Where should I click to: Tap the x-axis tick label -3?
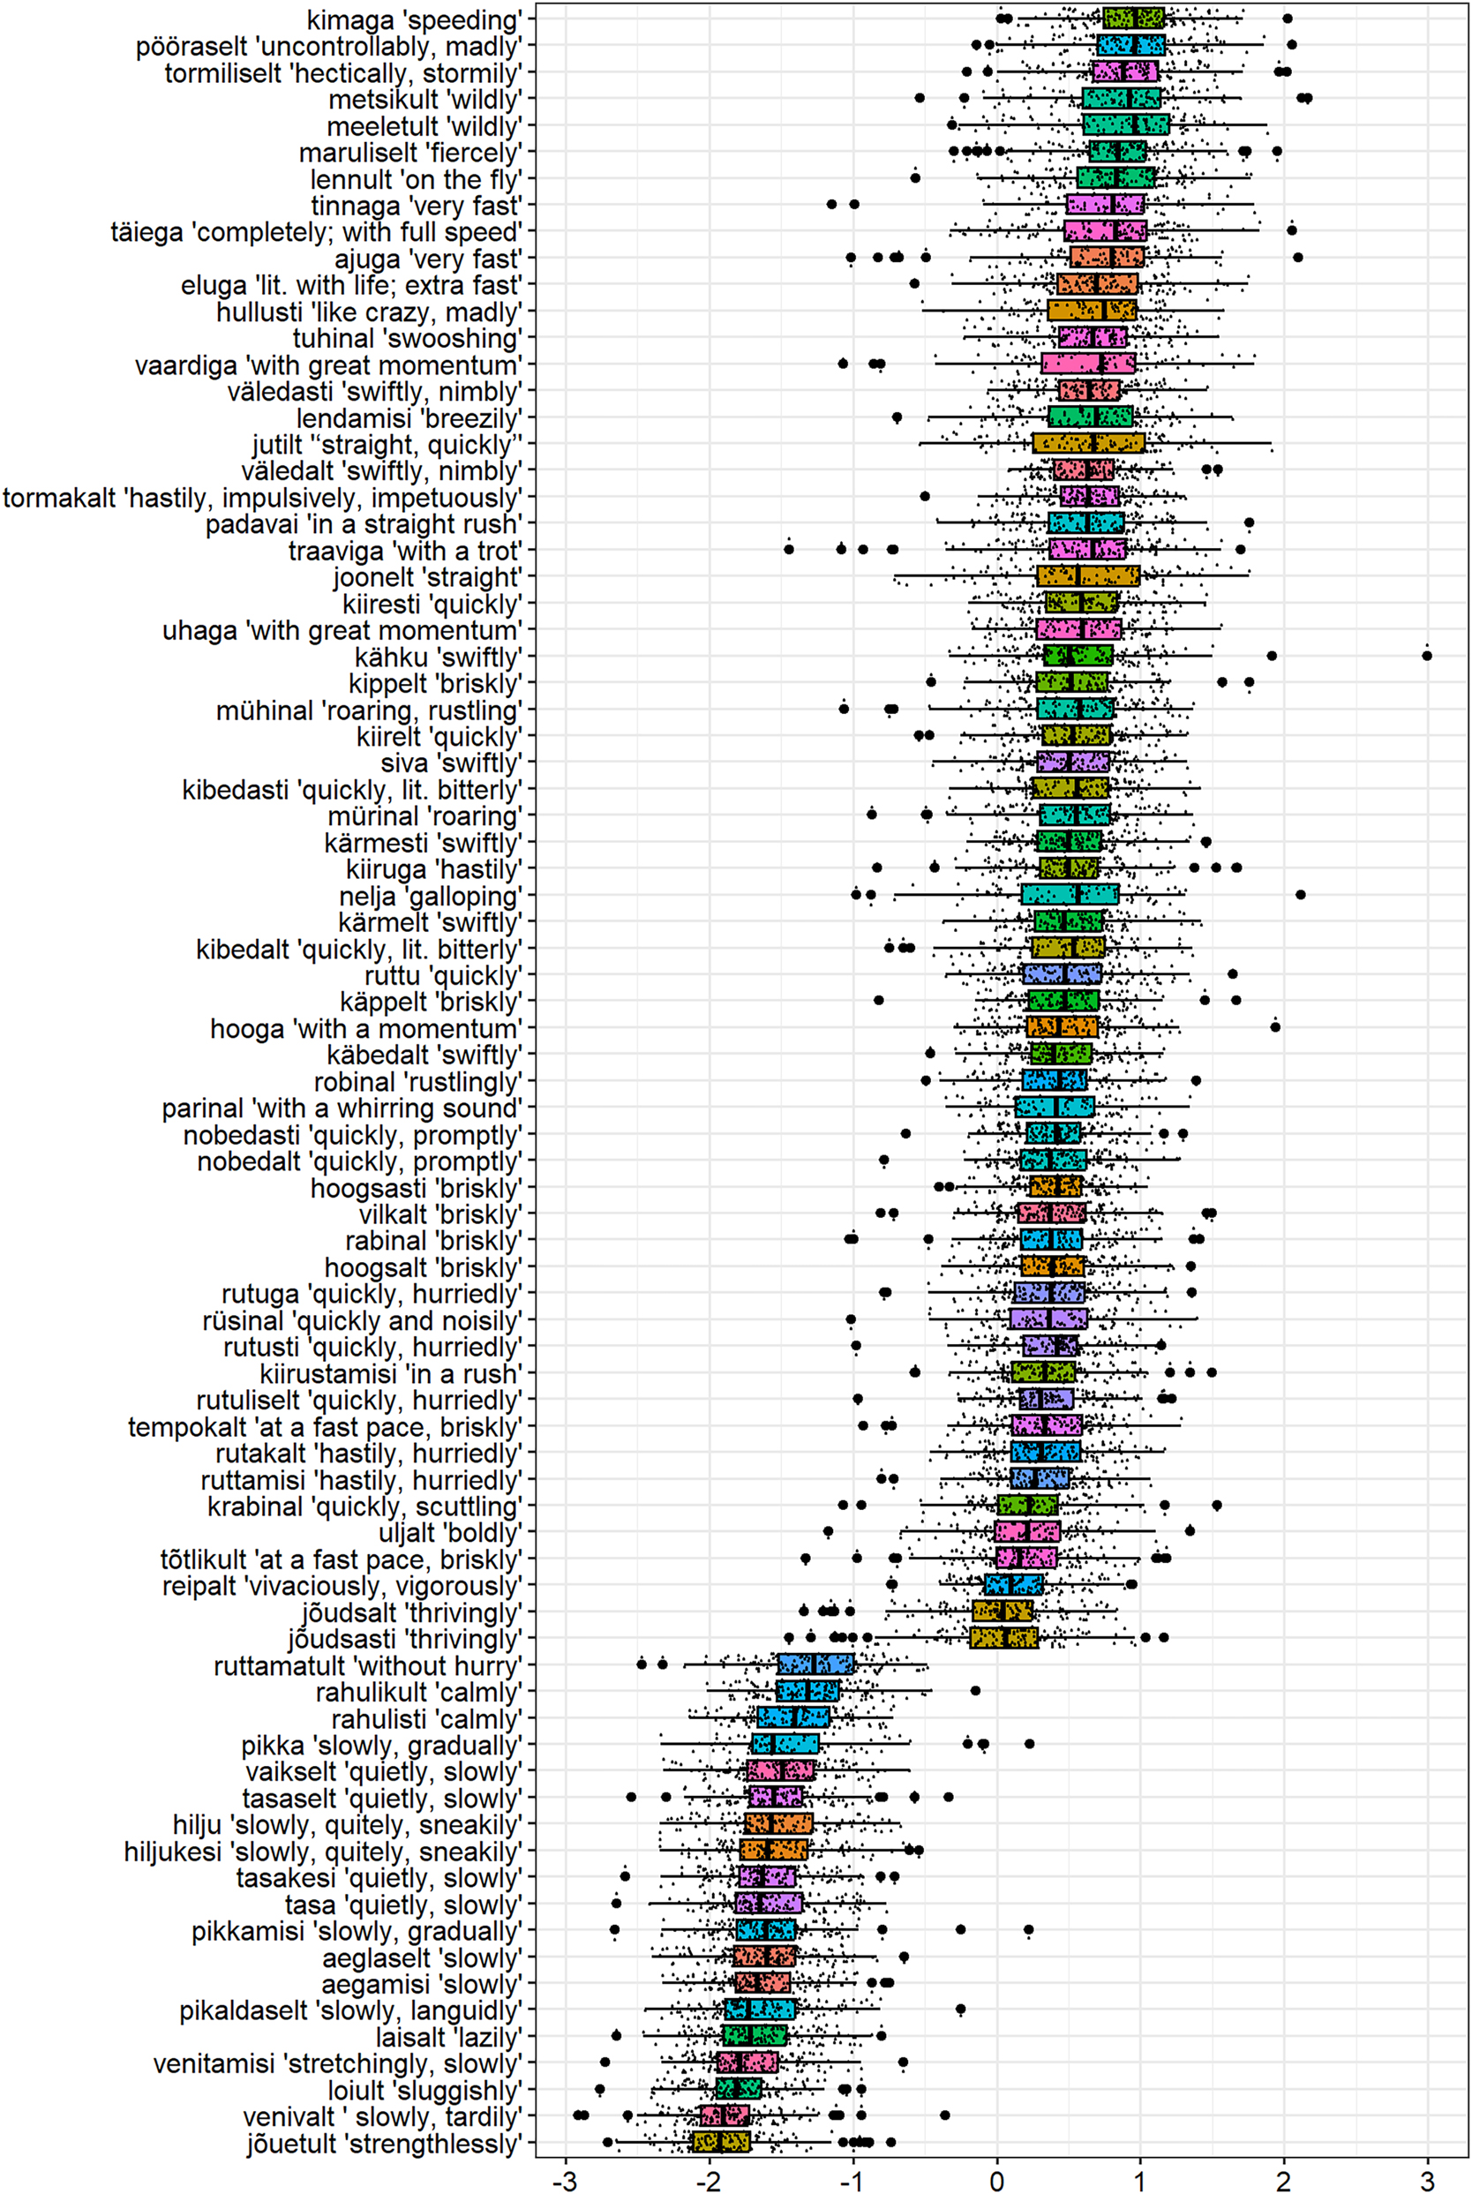[564, 2177]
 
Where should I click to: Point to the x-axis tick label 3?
[1427, 2177]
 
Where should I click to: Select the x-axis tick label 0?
[997, 2177]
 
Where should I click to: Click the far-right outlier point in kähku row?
[1427, 656]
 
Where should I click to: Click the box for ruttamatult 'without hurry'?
[815, 1664]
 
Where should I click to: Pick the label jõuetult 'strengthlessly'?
[384, 2144]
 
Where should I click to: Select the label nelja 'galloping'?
[430, 896]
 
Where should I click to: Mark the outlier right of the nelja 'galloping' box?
[1300, 895]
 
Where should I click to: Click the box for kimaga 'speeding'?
[1133, 18]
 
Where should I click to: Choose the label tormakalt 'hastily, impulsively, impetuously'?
[262, 498]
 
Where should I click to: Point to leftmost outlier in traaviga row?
[789, 549]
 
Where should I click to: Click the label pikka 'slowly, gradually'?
[381, 1746]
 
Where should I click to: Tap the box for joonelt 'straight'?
[1088, 575]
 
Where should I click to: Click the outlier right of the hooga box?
[1275, 1026]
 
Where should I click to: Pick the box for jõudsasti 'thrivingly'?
[1003, 1638]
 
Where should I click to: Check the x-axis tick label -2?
[709, 2177]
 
